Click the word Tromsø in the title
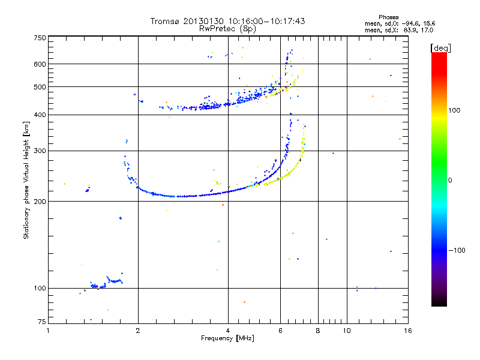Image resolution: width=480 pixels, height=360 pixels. (x=164, y=21)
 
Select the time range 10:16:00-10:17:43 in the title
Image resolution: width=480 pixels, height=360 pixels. (x=266, y=21)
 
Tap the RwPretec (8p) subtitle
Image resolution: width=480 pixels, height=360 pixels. (x=227, y=29)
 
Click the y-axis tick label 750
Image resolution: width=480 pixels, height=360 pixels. (x=40, y=38)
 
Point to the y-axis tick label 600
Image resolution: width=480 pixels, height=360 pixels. (x=40, y=64)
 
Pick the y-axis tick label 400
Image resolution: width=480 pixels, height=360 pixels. (x=40, y=115)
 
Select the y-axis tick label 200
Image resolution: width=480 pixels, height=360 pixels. (x=40, y=202)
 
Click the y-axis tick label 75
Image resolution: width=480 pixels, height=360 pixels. (x=42, y=322)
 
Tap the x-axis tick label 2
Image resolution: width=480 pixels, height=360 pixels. (x=138, y=331)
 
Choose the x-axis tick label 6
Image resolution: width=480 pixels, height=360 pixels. (x=280, y=331)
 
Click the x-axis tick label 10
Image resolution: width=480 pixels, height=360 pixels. (x=347, y=331)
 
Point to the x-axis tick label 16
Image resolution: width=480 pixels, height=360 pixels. (x=408, y=331)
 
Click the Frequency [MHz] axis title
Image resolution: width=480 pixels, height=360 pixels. (x=227, y=338)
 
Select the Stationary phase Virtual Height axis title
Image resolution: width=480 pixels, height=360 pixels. (x=26, y=180)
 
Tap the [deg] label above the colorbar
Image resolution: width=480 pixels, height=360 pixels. (x=440, y=48)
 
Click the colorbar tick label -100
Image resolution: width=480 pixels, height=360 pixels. (x=457, y=250)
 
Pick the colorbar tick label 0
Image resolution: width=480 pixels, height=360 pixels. (x=450, y=181)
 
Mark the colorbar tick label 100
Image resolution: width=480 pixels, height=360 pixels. (x=454, y=110)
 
